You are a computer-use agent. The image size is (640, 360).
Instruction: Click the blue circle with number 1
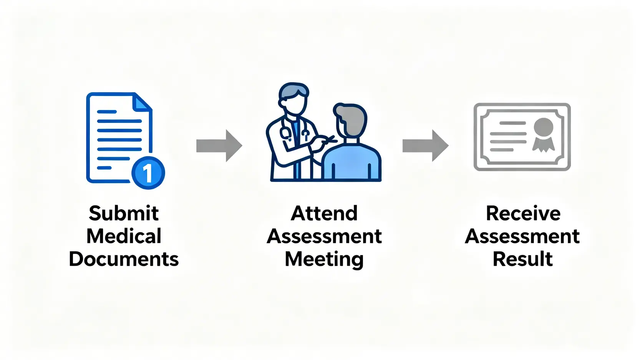click(148, 173)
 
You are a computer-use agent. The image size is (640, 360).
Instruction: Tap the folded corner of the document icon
click(141, 102)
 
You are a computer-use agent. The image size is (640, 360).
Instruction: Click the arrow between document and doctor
click(219, 146)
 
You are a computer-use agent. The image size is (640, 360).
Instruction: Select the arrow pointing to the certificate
click(425, 146)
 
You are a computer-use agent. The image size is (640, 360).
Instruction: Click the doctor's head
click(293, 99)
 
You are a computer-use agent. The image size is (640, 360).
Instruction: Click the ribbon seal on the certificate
click(543, 134)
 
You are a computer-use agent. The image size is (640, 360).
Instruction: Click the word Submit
click(124, 213)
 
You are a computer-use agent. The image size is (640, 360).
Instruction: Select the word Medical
click(124, 236)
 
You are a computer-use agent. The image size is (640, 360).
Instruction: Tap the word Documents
click(124, 259)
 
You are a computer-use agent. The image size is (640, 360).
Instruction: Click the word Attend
click(324, 213)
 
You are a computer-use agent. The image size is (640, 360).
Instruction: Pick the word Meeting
click(324, 259)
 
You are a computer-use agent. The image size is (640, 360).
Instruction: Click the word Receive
click(523, 213)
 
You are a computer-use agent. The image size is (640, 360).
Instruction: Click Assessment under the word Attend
click(324, 236)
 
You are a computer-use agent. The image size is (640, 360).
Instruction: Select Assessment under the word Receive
click(522, 236)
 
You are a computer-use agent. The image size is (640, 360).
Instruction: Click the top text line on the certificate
click(512, 123)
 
